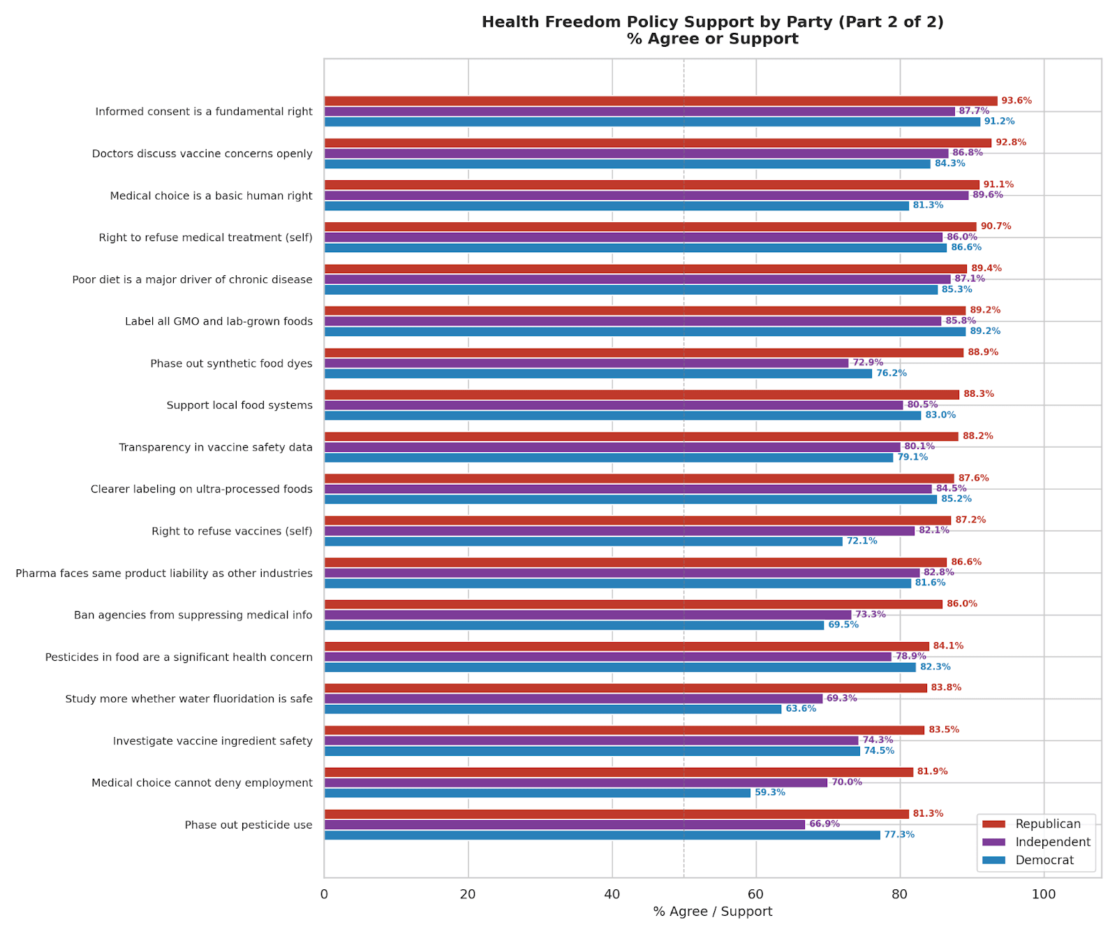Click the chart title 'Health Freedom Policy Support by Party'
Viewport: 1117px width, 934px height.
pyautogui.click(x=712, y=22)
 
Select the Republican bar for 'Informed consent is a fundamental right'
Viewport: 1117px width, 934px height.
pyautogui.click(x=660, y=101)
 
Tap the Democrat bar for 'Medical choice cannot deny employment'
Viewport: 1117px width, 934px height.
pyautogui.click(x=537, y=793)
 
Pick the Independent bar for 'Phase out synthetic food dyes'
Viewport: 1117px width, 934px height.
pyautogui.click(x=586, y=363)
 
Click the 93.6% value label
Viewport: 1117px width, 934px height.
pyautogui.click(x=1016, y=101)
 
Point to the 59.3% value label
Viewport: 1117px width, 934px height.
pyautogui.click(x=770, y=793)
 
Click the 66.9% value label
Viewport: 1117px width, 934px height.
pyautogui.click(x=824, y=824)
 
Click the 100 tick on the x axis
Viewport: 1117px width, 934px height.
pyautogui.click(x=1044, y=895)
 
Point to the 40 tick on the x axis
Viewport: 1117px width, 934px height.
pyautogui.click(x=612, y=895)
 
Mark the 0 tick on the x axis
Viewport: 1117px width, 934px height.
pyautogui.click(x=324, y=895)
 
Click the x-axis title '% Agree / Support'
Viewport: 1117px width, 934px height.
pyautogui.click(x=712, y=912)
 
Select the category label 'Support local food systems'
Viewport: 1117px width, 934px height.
pyautogui.click(x=239, y=406)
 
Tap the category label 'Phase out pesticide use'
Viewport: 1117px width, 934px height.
pyautogui.click(x=249, y=825)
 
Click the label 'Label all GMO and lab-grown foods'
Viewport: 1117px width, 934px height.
pyautogui.click(x=219, y=322)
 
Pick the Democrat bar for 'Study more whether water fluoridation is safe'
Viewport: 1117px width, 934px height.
pyautogui.click(x=552, y=709)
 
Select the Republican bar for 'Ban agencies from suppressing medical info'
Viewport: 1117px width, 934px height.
pyautogui.click(x=633, y=604)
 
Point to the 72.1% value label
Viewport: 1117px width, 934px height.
pyautogui.click(x=861, y=541)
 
